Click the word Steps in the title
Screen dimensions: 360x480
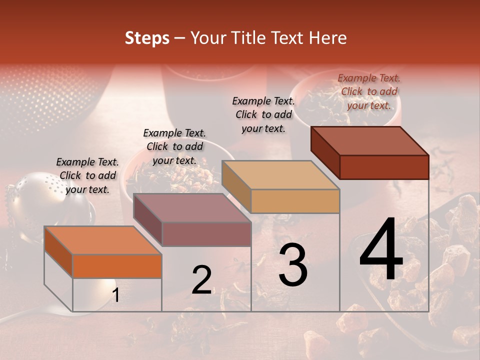[147, 38]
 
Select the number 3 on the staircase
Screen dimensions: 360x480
[292, 265]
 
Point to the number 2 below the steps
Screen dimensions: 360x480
[201, 280]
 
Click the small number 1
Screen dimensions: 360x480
[115, 295]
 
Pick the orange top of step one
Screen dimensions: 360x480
[102, 240]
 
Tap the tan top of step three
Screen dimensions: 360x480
[280, 175]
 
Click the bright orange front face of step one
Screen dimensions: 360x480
[117, 266]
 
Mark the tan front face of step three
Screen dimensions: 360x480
[295, 201]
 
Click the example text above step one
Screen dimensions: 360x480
[87, 175]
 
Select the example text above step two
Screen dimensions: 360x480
[174, 146]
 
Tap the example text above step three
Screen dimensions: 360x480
[263, 114]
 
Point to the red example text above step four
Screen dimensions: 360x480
[369, 91]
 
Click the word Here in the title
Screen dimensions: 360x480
[327, 38]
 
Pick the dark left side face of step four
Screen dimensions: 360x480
[325, 152]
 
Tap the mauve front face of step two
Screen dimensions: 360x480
[206, 234]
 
